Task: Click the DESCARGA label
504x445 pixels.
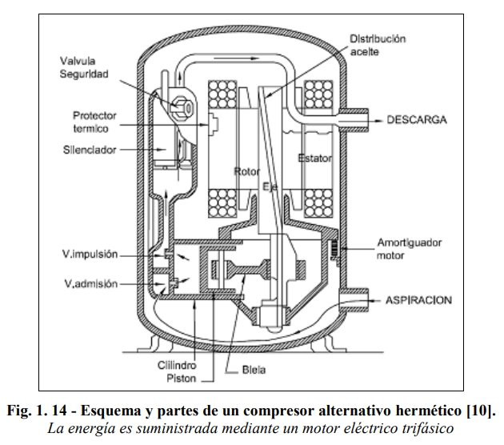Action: coord(428,120)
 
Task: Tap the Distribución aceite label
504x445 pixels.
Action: coord(378,44)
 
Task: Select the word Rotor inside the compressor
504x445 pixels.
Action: coord(248,171)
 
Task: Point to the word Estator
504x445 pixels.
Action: coord(314,158)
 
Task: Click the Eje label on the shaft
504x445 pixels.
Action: coord(270,186)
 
